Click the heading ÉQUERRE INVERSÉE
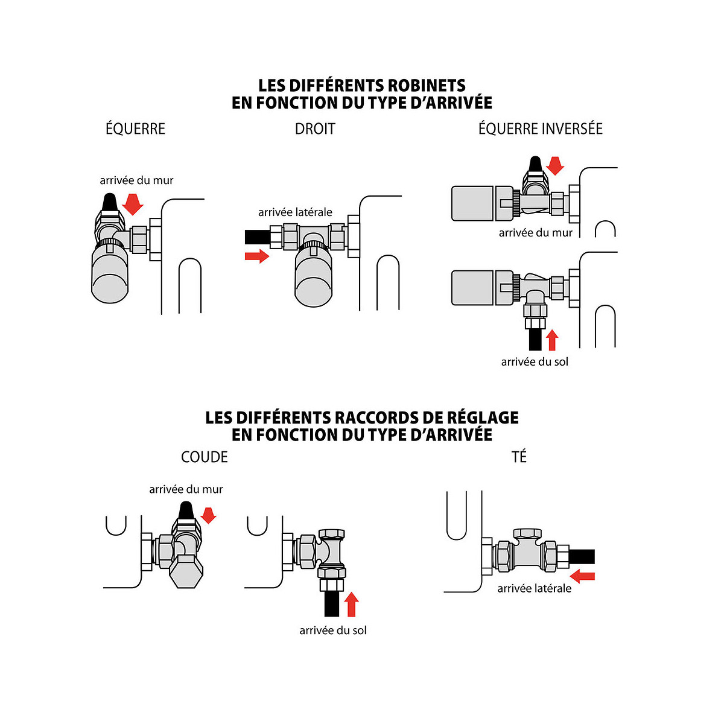[x=540, y=129]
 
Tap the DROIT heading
[x=314, y=129]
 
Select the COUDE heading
[x=205, y=457]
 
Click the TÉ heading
[x=519, y=457]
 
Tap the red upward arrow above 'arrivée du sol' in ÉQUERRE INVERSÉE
[x=551, y=340]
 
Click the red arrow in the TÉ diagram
[x=583, y=576]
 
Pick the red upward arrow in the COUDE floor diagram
[x=351, y=605]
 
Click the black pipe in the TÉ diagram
[x=582, y=556]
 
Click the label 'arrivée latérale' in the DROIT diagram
[x=295, y=212]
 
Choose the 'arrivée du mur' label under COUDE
[x=186, y=489]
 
